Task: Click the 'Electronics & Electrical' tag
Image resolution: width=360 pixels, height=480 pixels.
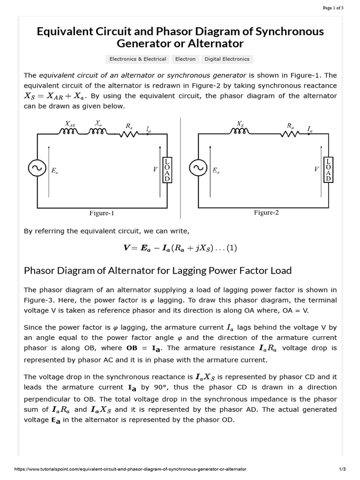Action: (x=138, y=59)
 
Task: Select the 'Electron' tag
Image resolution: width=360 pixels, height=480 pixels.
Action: (x=185, y=59)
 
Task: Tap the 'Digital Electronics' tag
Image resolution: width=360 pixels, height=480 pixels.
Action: (x=227, y=59)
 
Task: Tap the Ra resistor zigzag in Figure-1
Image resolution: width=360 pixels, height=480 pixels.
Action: (x=128, y=134)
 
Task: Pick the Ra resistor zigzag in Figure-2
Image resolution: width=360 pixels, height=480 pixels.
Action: (x=290, y=134)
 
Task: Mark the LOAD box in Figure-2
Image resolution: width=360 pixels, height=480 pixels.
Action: (x=328, y=169)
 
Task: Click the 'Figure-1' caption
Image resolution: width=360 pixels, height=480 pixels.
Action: (x=102, y=213)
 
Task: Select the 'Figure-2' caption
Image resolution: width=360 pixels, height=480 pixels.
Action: (x=266, y=212)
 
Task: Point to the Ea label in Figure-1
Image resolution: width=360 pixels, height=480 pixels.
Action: (x=55, y=172)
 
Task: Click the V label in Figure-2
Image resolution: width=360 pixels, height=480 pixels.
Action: (x=317, y=169)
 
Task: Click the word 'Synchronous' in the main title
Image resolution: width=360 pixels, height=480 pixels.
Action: (x=283, y=31)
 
